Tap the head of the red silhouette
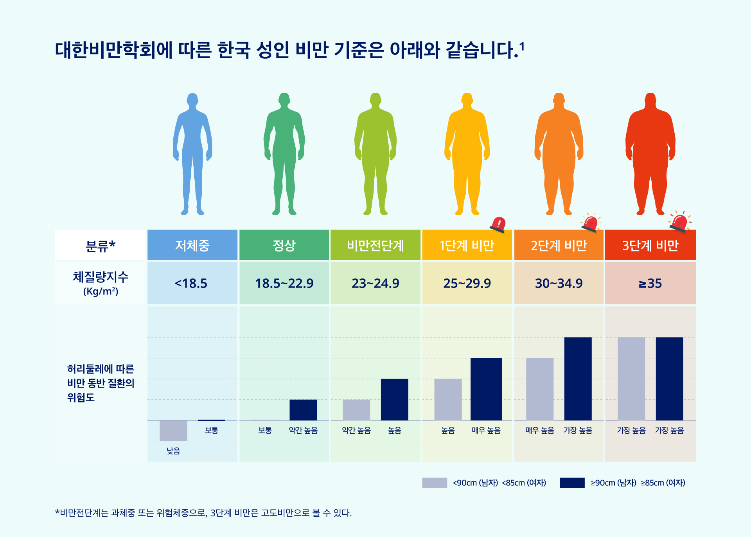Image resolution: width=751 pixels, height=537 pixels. click(x=650, y=100)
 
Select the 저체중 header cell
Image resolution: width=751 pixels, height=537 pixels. click(x=192, y=245)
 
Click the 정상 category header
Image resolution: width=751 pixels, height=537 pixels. click(x=284, y=245)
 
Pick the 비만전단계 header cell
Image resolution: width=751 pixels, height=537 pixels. click(x=375, y=245)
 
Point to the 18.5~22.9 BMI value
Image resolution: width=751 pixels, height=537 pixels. click(x=284, y=283)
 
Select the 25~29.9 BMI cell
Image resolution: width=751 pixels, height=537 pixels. click(x=467, y=283)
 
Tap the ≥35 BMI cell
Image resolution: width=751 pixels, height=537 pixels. click(x=650, y=283)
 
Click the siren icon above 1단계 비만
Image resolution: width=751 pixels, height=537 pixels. click(x=498, y=224)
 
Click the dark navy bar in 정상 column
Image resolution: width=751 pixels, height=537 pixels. click(x=303, y=410)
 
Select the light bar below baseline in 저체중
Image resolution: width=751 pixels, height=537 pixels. click(x=173, y=430)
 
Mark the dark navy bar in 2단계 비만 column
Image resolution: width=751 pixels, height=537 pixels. click(x=578, y=379)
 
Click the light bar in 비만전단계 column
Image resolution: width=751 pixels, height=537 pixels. click(x=356, y=410)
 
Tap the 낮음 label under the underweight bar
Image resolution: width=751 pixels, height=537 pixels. click(x=173, y=451)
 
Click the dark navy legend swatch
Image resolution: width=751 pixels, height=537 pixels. click(x=572, y=483)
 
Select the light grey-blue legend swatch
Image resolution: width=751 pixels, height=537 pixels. click(x=435, y=483)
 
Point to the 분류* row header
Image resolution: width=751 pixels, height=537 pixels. click(x=101, y=245)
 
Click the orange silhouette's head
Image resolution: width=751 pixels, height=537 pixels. click(x=559, y=100)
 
